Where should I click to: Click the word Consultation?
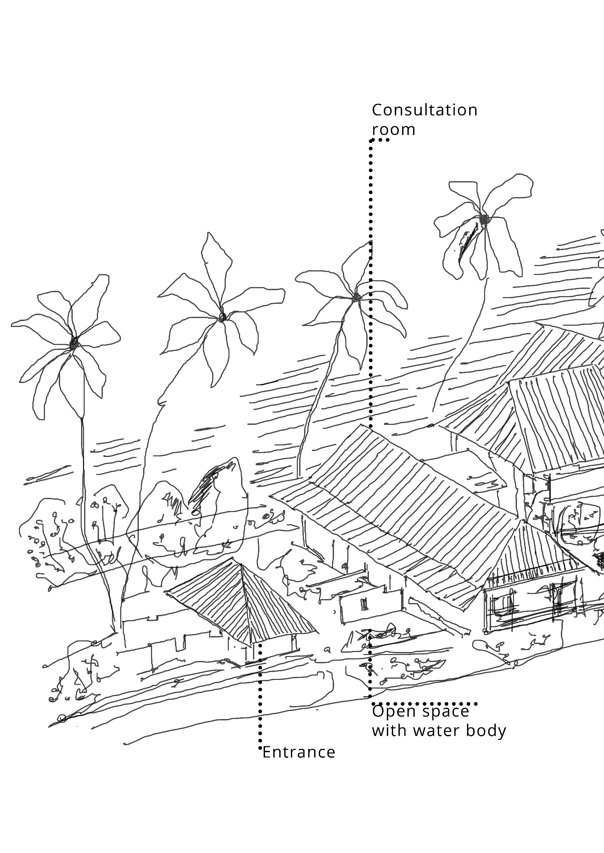pyautogui.click(x=424, y=110)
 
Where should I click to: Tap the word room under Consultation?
pyautogui.click(x=393, y=130)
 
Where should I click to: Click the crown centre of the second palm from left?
pyautogui.click(x=222, y=316)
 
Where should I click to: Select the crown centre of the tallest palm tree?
pyautogui.click(x=483, y=220)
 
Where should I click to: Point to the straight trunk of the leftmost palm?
pyautogui.click(x=83, y=483)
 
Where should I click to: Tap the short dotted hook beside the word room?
pyautogui.click(x=379, y=140)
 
